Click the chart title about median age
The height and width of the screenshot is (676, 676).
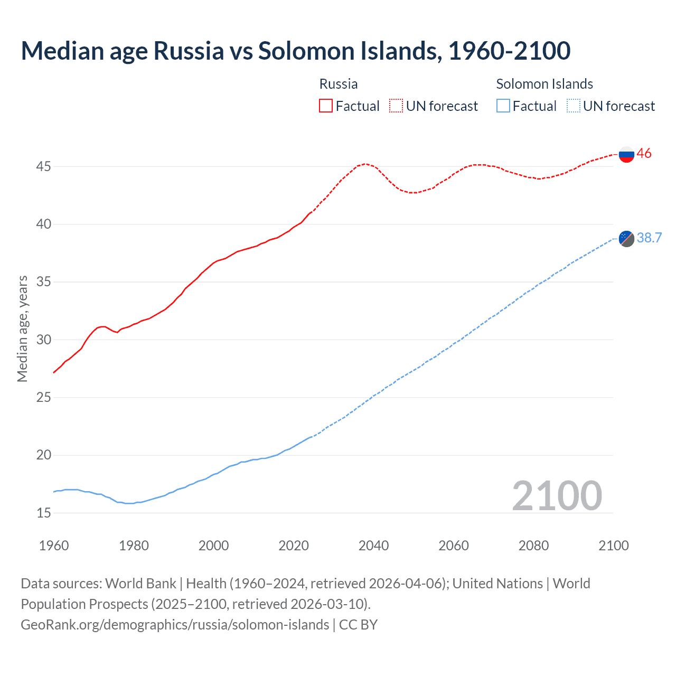pos(296,51)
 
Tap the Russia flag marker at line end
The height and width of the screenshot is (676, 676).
pos(626,154)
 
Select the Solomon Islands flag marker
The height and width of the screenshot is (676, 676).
pos(626,239)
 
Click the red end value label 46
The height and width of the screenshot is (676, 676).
pos(644,154)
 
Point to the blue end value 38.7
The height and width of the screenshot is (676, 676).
pos(649,238)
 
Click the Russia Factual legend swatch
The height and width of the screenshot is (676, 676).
pos(326,106)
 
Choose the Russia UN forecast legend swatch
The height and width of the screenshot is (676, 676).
pos(396,106)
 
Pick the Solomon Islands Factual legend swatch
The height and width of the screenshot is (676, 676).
pos(503,106)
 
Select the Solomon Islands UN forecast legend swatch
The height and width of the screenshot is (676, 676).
pos(573,106)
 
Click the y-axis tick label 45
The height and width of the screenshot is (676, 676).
pos(43,167)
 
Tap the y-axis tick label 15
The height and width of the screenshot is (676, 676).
pos(43,513)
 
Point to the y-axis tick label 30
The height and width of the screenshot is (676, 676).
pos(43,340)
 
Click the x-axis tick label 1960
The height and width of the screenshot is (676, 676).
pos(54,546)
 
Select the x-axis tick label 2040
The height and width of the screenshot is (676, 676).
pos(373,546)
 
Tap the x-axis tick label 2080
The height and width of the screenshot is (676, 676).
pos(533,546)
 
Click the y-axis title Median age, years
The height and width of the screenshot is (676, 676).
pos(22,328)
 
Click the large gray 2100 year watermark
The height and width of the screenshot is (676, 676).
pos(557,495)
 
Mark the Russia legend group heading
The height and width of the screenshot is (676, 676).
pos(339,84)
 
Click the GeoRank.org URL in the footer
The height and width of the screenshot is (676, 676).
pos(175,625)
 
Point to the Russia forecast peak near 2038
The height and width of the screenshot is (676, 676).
pos(365,164)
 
